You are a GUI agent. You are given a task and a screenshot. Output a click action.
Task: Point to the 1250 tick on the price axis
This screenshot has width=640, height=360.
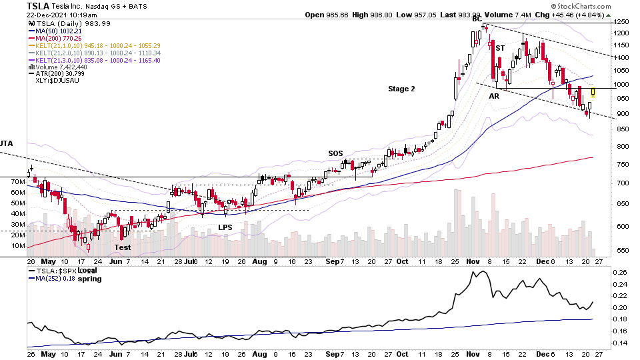coord(621,23)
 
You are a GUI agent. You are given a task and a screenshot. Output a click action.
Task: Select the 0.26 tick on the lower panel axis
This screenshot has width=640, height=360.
coord(620,272)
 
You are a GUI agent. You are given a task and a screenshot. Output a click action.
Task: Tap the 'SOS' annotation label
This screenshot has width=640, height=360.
coord(335,153)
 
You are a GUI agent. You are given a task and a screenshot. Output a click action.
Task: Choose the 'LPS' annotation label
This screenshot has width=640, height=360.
coord(226,227)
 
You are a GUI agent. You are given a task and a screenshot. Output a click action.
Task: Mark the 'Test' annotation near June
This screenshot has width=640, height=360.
coord(123,247)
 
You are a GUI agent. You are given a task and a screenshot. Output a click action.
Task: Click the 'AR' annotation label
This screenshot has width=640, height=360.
coord(494,96)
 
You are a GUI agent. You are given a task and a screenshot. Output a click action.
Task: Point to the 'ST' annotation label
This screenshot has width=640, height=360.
coord(500,48)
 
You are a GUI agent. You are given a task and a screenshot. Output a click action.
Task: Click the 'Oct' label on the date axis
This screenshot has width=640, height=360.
coord(402,262)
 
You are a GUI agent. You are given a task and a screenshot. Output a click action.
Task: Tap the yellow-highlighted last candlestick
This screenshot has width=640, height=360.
coord(593,93)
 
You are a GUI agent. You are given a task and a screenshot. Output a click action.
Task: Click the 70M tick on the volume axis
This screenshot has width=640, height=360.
coord(18,192)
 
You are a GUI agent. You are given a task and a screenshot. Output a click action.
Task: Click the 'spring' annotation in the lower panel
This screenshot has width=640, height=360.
coord(91,279)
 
